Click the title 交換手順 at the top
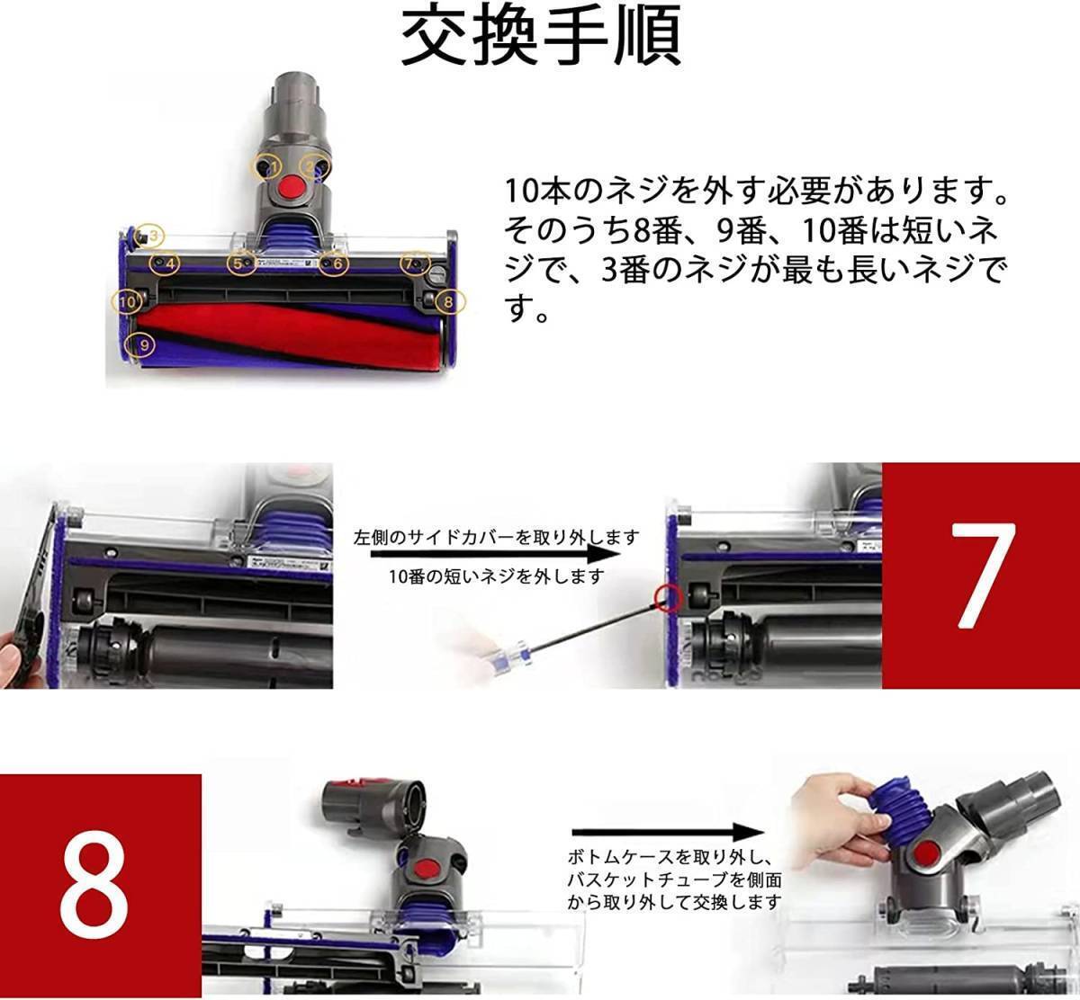pyautogui.click(x=541, y=36)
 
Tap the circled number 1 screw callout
pyautogui.click(x=266, y=166)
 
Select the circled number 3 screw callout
pyautogui.click(x=149, y=236)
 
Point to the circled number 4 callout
pyautogui.click(x=165, y=263)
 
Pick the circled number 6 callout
pyautogui.click(x=333, y=263)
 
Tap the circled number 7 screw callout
pyautogui.click(x=416, y=263)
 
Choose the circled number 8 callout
pyautogui.click(x=450, y=301)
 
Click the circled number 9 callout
pyautogui.click(x=140, y=344)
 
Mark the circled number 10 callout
pyautogui.click(x=127, y=301)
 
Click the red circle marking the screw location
pyautogui.click(x=668, y=597)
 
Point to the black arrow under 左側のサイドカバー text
pyautogui.click(x=495, y=554)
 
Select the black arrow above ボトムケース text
pyautogui.click(x=669, y=832)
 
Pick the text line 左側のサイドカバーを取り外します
pyautogui.click(x=496, y=537)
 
